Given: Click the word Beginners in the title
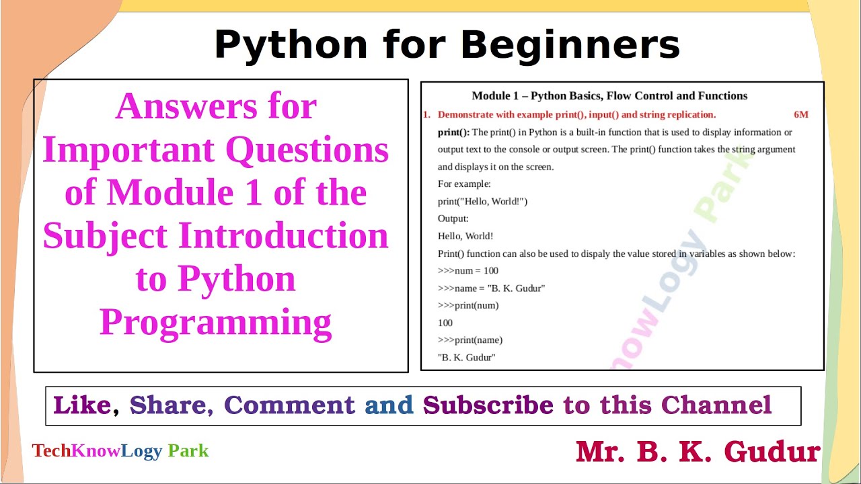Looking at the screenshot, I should pos(570,46).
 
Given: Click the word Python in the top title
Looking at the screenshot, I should pos(291,46).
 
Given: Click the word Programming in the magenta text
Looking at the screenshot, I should pos(216,322).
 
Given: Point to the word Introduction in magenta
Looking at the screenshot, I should pos(283,236).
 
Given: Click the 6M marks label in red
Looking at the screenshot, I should pos(800,115).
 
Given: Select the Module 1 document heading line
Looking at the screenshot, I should pos(609,96).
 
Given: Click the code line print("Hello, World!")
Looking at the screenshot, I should pos(482,202).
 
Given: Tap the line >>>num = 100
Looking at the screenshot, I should pos(468,271).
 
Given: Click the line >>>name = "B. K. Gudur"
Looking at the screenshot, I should pos(491,288).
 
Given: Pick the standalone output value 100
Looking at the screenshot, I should pos(445,323).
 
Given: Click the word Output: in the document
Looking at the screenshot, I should pos(453,219).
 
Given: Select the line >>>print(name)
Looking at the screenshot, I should pos(470,340).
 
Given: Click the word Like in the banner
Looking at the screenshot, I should pos(82,405).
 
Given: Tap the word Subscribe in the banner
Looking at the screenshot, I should pos(488,405).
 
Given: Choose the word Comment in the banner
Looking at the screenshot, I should pos(289,405).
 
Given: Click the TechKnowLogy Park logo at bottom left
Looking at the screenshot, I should pos(120,451).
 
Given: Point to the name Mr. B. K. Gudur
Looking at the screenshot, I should pos(698,452).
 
